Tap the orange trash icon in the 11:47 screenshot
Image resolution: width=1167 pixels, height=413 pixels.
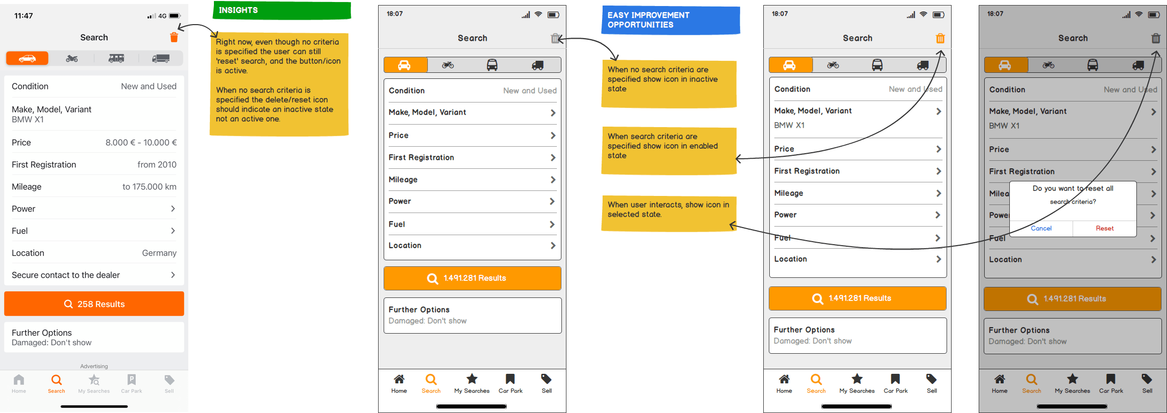[174, 37]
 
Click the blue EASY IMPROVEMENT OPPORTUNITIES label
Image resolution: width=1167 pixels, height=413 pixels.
[670, 20]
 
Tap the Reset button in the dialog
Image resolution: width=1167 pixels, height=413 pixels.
[1104, 228]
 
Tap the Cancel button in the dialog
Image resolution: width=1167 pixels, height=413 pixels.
[1041, 228]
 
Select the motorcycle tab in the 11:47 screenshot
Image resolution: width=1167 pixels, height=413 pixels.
[72, 59]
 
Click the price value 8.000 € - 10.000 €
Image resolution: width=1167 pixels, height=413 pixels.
[141, 143]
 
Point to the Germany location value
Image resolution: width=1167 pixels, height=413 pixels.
[159, 253]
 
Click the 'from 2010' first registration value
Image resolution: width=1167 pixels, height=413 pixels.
[157, 165]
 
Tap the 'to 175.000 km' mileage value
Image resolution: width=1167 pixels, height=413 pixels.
[150, 187]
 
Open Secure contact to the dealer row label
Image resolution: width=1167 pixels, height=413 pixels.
[66, 275]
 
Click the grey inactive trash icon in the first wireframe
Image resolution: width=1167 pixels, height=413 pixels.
[555, 38]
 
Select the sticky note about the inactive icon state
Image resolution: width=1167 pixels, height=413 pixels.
[669, 84]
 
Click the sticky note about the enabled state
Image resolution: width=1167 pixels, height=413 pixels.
[669, 151]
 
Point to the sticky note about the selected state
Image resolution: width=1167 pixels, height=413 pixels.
[669, 214]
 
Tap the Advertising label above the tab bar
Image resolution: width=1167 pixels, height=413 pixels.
[94, 366]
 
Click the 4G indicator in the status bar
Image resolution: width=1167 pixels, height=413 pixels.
[162, 16]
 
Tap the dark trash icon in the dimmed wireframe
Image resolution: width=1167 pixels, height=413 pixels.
[1156, 38]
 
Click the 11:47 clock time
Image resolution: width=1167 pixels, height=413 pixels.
[24, 16]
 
